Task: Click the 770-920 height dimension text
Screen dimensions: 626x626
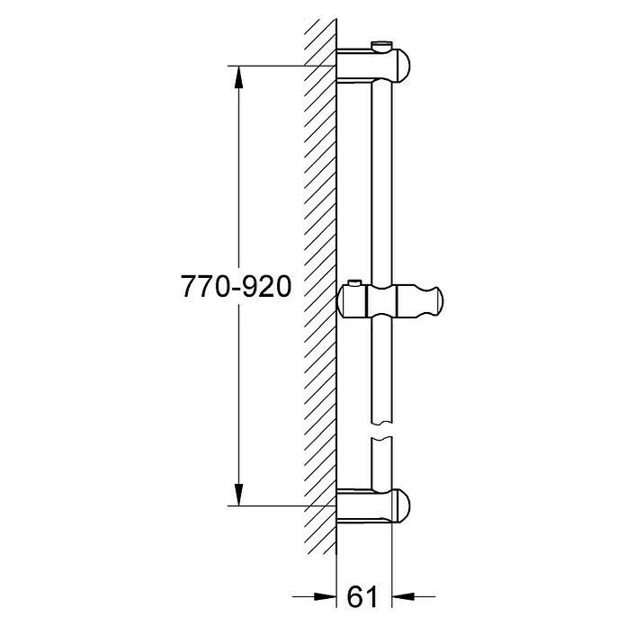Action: pos(236,286)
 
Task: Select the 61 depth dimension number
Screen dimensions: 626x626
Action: pos(362,597)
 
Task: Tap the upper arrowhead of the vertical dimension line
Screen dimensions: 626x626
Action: pos(238,76)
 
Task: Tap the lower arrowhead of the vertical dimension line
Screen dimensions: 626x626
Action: pos(238,495)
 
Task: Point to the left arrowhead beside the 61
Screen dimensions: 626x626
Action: pos(325,597)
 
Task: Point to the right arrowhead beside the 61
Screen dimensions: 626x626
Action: pos(403,597)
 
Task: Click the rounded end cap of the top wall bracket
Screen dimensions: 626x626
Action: pos(401,67)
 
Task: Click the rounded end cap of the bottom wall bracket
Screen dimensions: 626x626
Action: pos(401,505)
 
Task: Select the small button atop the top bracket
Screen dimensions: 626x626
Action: pos(381,45)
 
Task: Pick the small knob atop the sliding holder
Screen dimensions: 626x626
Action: pos(354,283)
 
